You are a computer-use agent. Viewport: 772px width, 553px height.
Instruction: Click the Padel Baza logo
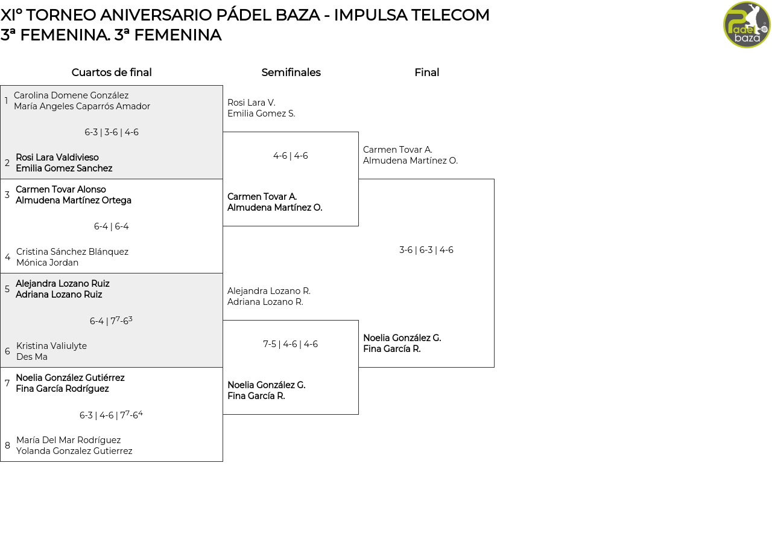[x=747, y=24]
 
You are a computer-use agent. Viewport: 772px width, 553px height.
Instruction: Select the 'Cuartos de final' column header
[x=112, y=72]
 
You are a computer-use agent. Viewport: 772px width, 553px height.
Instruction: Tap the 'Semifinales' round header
[x=291, y=72]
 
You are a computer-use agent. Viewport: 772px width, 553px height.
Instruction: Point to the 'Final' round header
[x=426, y=72]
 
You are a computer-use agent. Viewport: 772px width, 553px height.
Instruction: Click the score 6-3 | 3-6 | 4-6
[x=112, y=132]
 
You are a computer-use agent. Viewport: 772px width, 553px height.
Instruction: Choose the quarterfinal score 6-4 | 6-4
[x=112, y=226]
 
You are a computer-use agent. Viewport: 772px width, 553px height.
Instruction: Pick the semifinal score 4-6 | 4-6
[x=291, y=156]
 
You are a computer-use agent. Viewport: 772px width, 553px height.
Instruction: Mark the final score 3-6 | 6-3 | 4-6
[x=426, y=250]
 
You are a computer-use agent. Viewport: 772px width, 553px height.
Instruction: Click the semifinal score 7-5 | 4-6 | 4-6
[x=291, y=344]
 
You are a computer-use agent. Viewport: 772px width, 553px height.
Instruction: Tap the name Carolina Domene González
[x=71, y=95]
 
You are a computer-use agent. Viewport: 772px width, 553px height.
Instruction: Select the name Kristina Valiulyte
[x=51, y=346]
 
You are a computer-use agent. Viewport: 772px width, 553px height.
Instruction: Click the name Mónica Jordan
[x=47, y=263]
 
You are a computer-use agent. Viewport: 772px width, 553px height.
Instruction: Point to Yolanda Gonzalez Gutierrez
[x=74, y=451]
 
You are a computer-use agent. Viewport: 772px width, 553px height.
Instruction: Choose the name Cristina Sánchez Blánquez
[x=72, y=252]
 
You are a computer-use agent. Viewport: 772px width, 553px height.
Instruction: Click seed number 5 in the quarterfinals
[x=7, y=289]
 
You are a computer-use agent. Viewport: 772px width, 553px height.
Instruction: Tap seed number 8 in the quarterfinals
[x=7, y=446]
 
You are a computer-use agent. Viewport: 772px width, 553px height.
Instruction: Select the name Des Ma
[x=32, y=357]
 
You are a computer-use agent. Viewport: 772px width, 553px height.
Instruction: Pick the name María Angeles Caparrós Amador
[x=82, y=106]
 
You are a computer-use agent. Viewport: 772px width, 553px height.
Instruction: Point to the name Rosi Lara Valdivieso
[x=57, y=158]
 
